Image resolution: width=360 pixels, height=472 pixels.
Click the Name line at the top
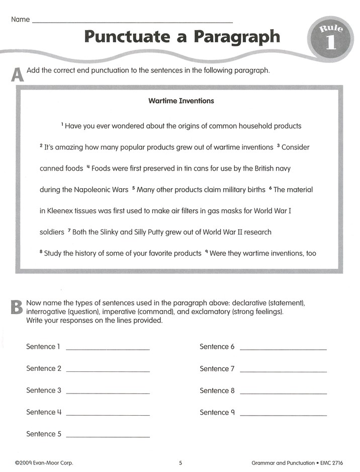pos(132,22)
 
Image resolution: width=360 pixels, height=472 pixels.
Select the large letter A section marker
pos(17,75)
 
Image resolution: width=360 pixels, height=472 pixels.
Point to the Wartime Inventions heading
pos(181,101)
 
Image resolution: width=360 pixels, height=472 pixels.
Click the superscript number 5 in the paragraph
pos(133,188)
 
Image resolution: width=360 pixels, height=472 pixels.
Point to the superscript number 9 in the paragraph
pos(207,252)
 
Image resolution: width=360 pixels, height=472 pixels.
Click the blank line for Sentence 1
pos(108,348)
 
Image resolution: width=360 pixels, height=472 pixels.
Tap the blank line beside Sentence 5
pos(108,435)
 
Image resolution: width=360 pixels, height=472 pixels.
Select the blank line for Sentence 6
pos(283,348)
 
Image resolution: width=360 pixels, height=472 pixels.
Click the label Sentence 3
pos(44,390)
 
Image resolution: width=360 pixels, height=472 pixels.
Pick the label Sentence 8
pos(217,390)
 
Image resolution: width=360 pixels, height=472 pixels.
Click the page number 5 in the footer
pos(181,462)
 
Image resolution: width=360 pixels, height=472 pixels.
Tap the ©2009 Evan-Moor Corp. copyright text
pos(44,462)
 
